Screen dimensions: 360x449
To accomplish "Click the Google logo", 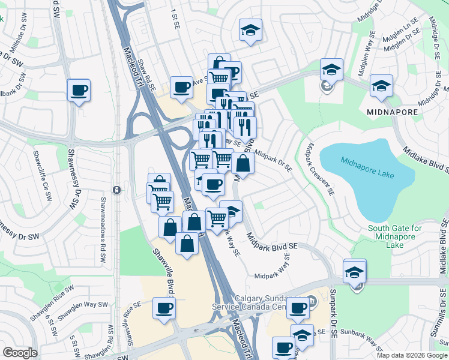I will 20,353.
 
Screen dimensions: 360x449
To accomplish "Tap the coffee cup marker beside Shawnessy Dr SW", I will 79,91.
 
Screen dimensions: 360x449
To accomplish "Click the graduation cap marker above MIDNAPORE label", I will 381,86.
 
